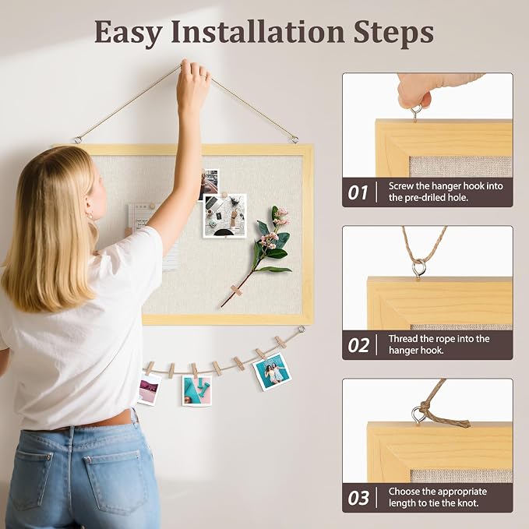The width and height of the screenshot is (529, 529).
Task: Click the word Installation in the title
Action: point(258,32)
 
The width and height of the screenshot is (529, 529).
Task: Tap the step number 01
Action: point(358,192)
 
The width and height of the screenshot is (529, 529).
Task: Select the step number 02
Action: point(358,345)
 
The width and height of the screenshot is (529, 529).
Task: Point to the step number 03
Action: point(358,498)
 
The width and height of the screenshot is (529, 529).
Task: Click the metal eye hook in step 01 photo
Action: point(416,112)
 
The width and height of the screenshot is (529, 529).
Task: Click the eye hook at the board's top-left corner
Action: point(78,139)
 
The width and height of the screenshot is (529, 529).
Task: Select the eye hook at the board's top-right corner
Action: point(294,139)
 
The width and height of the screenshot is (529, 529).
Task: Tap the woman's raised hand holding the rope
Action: point(192,83)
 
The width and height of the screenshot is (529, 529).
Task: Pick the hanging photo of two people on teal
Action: point(272,372)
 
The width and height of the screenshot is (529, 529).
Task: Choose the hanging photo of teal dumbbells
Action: point(196,390)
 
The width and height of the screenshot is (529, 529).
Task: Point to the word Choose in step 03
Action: point(404,492)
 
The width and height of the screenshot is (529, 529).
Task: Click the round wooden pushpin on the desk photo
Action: point(224,195)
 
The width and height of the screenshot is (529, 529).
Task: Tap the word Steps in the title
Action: point(393,33)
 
